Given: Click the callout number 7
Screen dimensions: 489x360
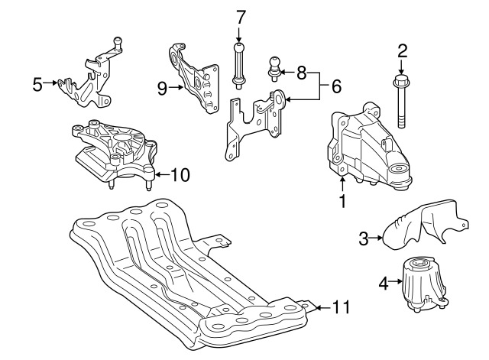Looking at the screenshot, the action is point(241,17).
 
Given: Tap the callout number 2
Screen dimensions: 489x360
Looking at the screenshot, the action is point(403,51).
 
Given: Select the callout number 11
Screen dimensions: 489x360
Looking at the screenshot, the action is point(342,307).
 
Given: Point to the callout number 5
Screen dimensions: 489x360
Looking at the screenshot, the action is point(37,84).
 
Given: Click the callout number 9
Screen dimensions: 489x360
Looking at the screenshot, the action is point(162,89).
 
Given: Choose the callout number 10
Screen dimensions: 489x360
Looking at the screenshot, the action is point(180,175).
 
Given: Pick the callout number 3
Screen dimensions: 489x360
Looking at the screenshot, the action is point(364,238).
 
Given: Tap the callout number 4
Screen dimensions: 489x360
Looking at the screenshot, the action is point(384,284).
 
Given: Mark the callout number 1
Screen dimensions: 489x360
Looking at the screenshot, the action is point(343,201).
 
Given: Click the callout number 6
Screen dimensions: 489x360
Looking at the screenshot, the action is point(336,86).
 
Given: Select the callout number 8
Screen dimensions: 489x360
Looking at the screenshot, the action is point(301,73).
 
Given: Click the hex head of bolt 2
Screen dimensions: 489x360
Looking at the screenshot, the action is point(400,81).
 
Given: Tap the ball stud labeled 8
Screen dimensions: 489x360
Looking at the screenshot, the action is point(274,69).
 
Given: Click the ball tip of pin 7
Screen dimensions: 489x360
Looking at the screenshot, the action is point(239,47).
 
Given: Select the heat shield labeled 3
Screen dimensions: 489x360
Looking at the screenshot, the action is point(425,225).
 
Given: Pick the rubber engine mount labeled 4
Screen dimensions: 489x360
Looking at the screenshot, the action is point(424,284).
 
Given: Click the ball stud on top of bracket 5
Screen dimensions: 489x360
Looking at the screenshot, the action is point(117,43).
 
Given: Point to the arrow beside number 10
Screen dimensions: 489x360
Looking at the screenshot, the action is point(163,174).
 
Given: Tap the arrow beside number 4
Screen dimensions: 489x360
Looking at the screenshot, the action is point(396,281).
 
